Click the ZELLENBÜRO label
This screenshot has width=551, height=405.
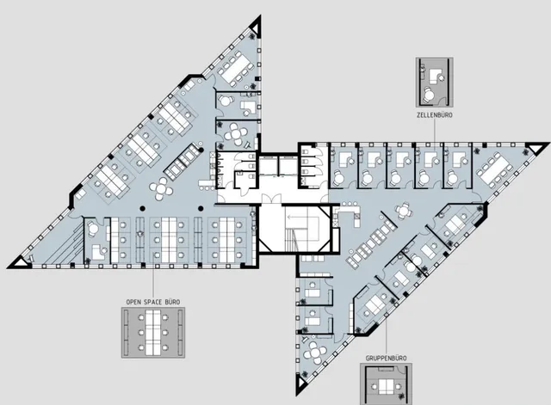[434, 114]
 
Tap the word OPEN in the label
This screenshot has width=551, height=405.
[133, 302]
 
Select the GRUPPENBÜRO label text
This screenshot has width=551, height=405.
[387, 359]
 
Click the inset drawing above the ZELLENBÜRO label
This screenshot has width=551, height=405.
[434, 83]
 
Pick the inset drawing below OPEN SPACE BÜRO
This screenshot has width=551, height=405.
[153, 333]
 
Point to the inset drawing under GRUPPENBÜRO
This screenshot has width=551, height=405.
[386, 384]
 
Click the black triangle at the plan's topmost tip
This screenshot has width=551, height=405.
[256, 28]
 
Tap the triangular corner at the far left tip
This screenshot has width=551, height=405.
[19, 262]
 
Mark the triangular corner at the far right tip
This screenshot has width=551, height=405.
[536, 148]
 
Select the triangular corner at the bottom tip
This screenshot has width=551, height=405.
[301, 384]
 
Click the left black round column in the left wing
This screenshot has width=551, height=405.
[142, 208]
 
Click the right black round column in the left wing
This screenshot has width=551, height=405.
[201, 208]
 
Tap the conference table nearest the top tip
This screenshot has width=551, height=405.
[235, 68]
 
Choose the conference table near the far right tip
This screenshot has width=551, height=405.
[495, 169]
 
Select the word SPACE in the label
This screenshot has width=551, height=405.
[153, 302]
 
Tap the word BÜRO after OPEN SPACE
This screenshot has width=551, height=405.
[172, 302]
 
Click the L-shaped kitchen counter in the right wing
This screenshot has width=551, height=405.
[348, 212]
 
